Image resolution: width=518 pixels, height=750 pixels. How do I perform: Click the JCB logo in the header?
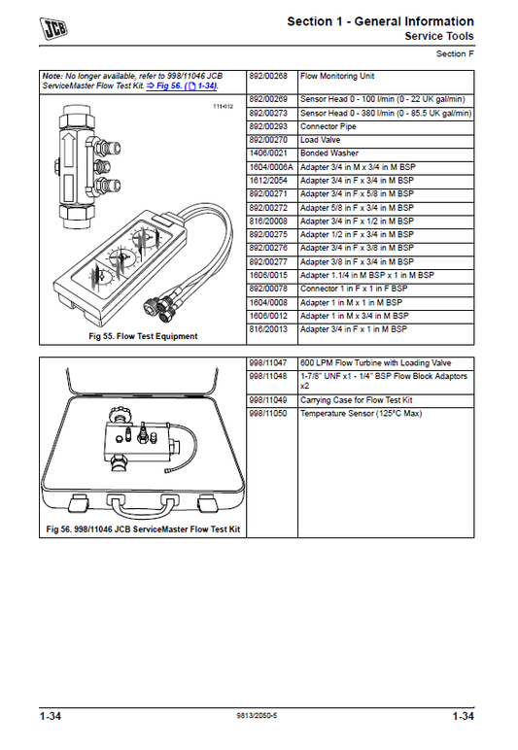point(53,28)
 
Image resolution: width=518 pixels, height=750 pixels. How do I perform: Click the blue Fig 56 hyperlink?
point(182,86)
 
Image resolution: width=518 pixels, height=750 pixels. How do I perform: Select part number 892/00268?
point(268,76)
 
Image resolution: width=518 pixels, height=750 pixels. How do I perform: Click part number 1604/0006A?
point(271,167)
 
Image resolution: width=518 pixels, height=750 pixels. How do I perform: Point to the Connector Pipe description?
point(328,126)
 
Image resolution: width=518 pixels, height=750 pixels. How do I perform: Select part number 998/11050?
point(268,414)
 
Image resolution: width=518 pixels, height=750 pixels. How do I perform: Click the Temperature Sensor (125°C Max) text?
point(362,414)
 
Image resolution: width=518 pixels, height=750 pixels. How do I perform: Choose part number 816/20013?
point(268,329)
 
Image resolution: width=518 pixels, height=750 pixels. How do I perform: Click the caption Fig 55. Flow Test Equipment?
point(143,336)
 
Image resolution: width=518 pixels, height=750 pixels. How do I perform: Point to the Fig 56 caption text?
point(143,529)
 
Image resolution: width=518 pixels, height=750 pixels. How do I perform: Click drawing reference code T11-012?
point(223,106)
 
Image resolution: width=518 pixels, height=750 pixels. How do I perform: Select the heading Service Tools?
point(439,36)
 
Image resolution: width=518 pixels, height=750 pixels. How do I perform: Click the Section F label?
point(455,54)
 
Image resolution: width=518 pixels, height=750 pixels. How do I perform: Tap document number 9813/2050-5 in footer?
point(257,716)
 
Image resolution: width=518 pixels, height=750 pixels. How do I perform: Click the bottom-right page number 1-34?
point(463,716)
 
